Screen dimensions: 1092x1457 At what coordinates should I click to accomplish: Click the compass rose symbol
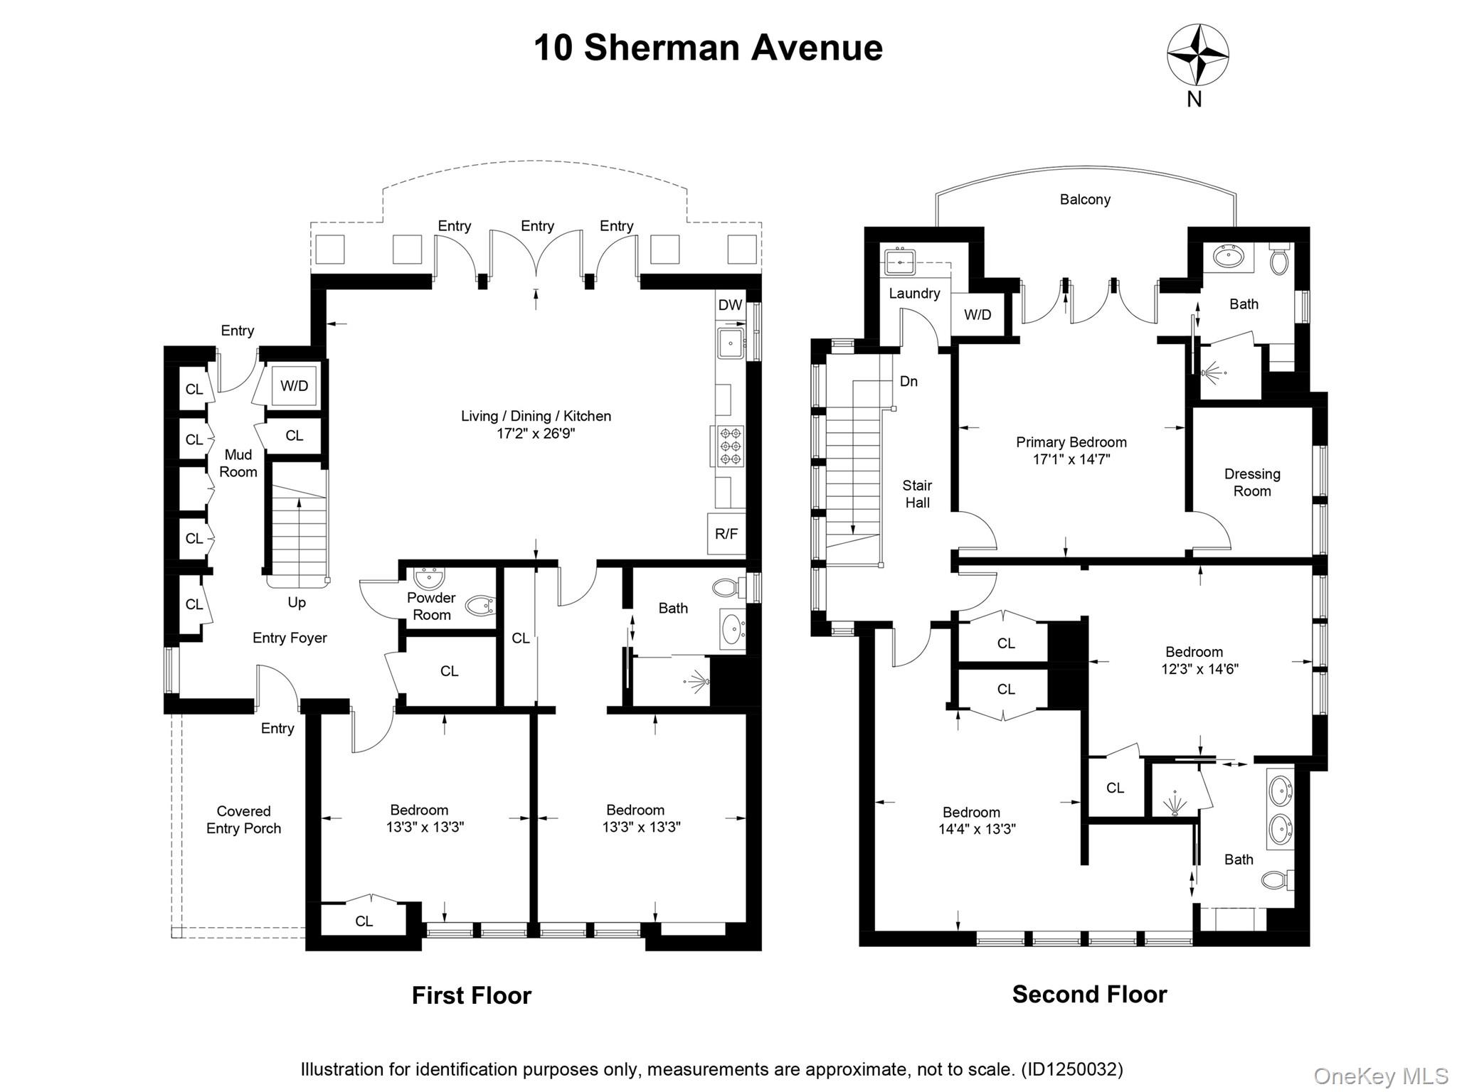pyautogui.click(x=1198, y=55)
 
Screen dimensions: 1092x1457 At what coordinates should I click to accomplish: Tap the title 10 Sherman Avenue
pyautogui.click(x=708, y=48)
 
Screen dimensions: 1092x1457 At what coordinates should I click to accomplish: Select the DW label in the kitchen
pyautogui.click(x=730, y=305)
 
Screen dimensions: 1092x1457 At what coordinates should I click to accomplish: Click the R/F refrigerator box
pyautogui.click(x=726, y=533)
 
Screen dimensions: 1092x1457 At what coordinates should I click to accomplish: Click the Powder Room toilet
pyautogui.click(x=480, y=606)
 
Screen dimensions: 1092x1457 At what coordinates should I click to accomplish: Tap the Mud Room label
pyautogui.click(x=238, y=463)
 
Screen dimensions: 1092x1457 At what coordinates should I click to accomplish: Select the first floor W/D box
pyautogui.click(x=295, y=386)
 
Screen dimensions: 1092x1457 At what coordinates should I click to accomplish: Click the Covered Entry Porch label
pyautogui.click(x=243, y=820)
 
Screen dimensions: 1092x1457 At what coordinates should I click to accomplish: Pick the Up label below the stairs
pyautogui.click(x=297, y=602)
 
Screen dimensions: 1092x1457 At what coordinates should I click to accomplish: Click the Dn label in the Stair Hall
pyautogui.click(x=908, y=381)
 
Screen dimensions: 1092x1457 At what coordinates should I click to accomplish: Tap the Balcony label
pyautogui.click(x=1085, y=200)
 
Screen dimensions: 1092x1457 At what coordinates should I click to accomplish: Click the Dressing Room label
pyautogui.click(x=1252, y=482)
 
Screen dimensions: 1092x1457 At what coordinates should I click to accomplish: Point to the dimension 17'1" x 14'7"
pyautogui.click(x=1071, y=459)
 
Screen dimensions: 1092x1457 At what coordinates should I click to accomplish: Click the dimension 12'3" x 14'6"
pyautogui.click(x=1200, y=668)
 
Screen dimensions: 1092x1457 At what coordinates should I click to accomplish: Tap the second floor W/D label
pyautogui.click(x=977, y=314)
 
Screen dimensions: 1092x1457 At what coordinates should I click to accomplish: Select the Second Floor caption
pyautogui.click(x=1089, y=994)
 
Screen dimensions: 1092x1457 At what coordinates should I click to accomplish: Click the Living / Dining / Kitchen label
pyautogui.click(x=536, y=416)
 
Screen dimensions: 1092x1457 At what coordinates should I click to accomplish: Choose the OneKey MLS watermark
pyautogui.click(x=1380, y=1076)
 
